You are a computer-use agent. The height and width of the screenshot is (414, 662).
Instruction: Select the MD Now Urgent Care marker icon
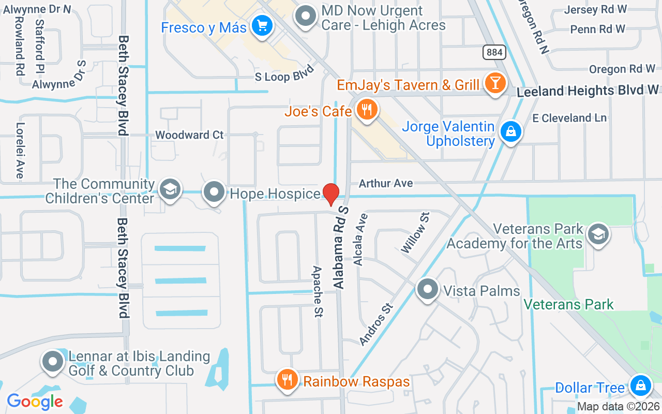click(x=306, y=16)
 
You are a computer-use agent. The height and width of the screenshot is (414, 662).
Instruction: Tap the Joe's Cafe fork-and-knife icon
click(x=367, y=110)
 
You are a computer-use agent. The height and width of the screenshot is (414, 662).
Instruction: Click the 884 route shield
click(x=495, y=52)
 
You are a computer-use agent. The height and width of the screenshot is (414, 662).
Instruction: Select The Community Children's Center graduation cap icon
click(x=170, y=189)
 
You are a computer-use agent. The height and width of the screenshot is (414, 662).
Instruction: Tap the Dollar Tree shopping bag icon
click(x=640, y=386)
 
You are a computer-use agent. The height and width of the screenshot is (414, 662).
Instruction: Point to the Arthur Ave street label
click(x=386, y=183)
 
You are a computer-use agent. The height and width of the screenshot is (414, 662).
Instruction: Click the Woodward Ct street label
click(x=189, y=135)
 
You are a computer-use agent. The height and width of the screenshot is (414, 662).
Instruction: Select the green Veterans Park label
click(x=568, y=304)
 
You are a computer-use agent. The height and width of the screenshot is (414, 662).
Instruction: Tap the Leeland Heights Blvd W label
click(x=588, y=91)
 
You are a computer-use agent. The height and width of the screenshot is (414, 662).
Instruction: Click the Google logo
click(x=35, y=401)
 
